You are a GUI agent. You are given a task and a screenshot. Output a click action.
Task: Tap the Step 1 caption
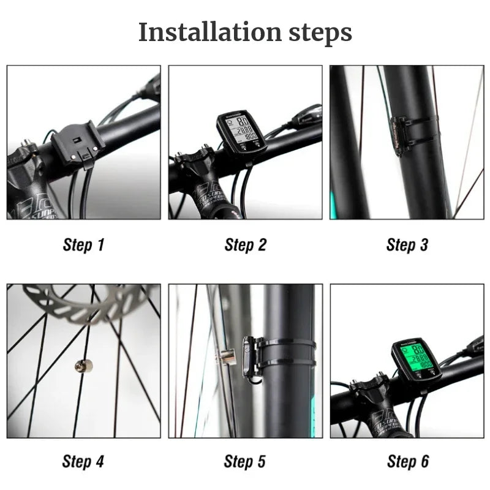83,245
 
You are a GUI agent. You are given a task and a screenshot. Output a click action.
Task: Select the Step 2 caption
245,245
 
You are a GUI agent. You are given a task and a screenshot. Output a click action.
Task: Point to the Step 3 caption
407,245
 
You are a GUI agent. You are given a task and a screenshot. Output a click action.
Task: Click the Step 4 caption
83,462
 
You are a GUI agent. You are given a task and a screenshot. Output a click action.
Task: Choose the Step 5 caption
245,462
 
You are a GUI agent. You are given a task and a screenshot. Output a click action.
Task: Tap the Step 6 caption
407,462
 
